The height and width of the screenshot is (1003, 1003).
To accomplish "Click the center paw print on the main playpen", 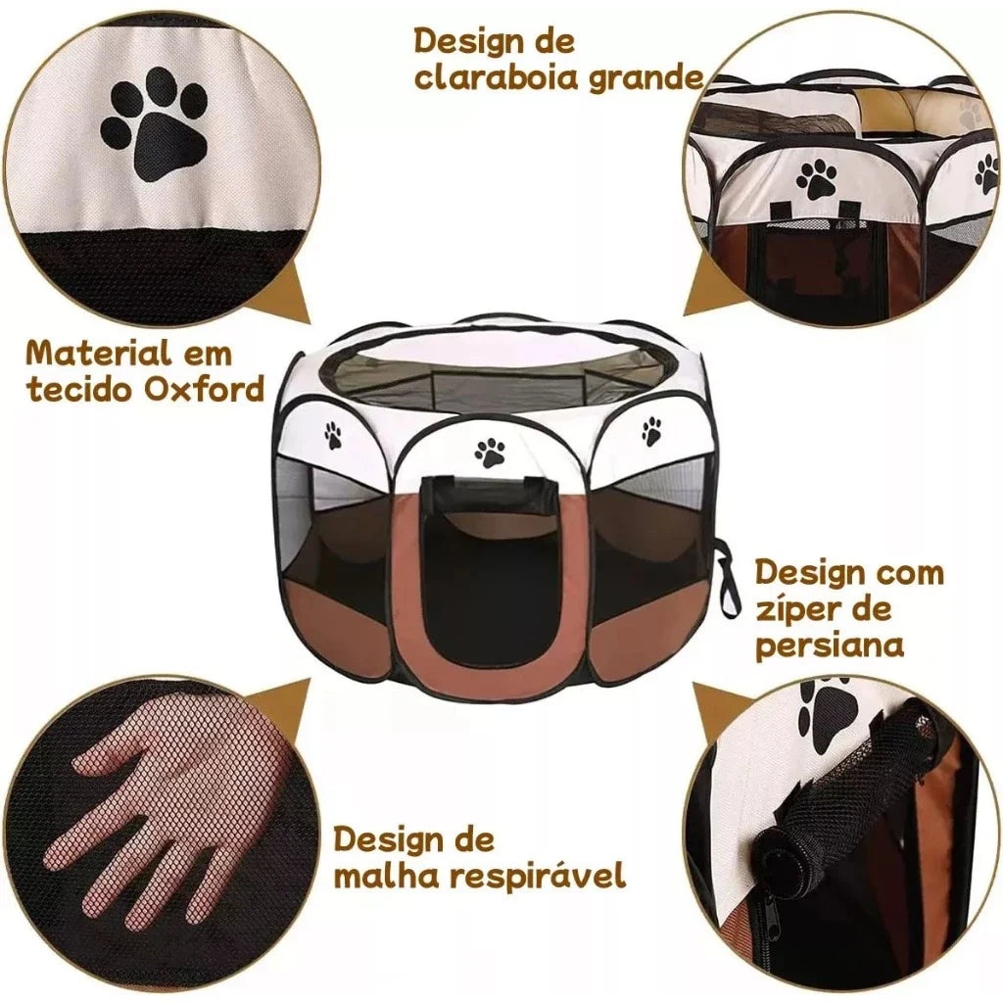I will point(490,451).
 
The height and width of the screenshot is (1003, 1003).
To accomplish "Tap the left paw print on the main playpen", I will point(333,435).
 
